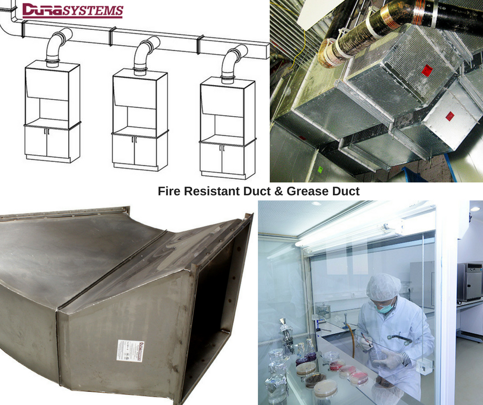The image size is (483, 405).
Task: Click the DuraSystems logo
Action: tap(72, 11)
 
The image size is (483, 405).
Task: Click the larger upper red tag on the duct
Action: tap(426, 70)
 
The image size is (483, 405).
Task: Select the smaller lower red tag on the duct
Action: tap(450, 116)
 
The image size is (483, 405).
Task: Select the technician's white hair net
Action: tap(383, 286)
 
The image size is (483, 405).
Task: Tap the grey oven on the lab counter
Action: tap(469, 282)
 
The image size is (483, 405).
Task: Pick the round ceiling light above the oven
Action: tap(475, 209)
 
